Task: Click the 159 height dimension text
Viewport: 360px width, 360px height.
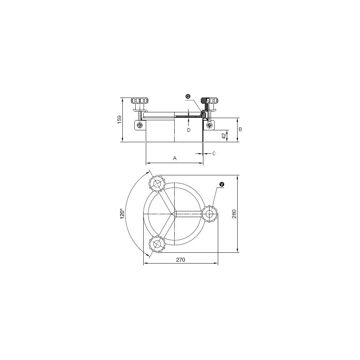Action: click(x=120, y=120)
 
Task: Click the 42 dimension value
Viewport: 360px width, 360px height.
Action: click(x=224, y=136)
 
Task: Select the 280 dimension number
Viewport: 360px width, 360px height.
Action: click(x=234, y=214)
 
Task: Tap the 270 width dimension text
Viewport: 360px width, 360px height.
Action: click(x=180, y=260)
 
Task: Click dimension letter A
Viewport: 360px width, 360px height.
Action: click(x=175, y=158)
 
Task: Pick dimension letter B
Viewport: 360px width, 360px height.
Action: click(x=240, y=129)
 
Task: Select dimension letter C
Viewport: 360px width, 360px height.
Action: click(x=214, y=153)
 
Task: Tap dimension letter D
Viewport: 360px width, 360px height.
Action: click(x=189, y=130)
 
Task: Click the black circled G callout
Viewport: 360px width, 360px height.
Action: click(x=188, y=96)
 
